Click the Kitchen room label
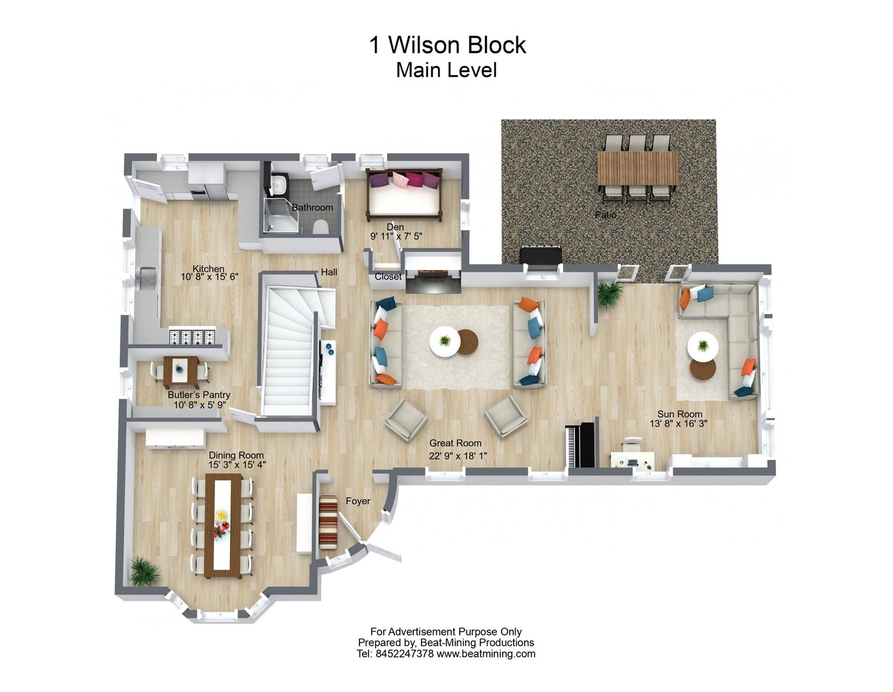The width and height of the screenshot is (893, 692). click(x=209, y=269)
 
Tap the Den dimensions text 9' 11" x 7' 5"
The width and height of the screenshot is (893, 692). click(x=396, y=236)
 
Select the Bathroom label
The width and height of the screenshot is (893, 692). click(x=313, y=208)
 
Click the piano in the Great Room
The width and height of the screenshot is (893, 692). click(x=581, y=445)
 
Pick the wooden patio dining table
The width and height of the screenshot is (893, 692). click(x=637, y=168)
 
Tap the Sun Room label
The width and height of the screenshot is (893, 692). click(x=680, y=414)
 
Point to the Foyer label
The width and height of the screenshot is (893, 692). click(x=358, y=501)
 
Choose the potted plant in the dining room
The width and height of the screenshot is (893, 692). click(x=143, y=571)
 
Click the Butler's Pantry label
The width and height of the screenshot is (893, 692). click(x=199, y=395)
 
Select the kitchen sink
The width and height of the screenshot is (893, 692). click(x=147, y=278)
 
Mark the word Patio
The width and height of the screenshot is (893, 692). click(x=605, y=215)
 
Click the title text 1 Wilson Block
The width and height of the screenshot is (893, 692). click(x=447, y=45)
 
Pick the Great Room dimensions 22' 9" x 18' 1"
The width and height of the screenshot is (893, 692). click(x=455, y=456)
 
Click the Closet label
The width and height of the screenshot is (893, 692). click(x=388, y=277)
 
